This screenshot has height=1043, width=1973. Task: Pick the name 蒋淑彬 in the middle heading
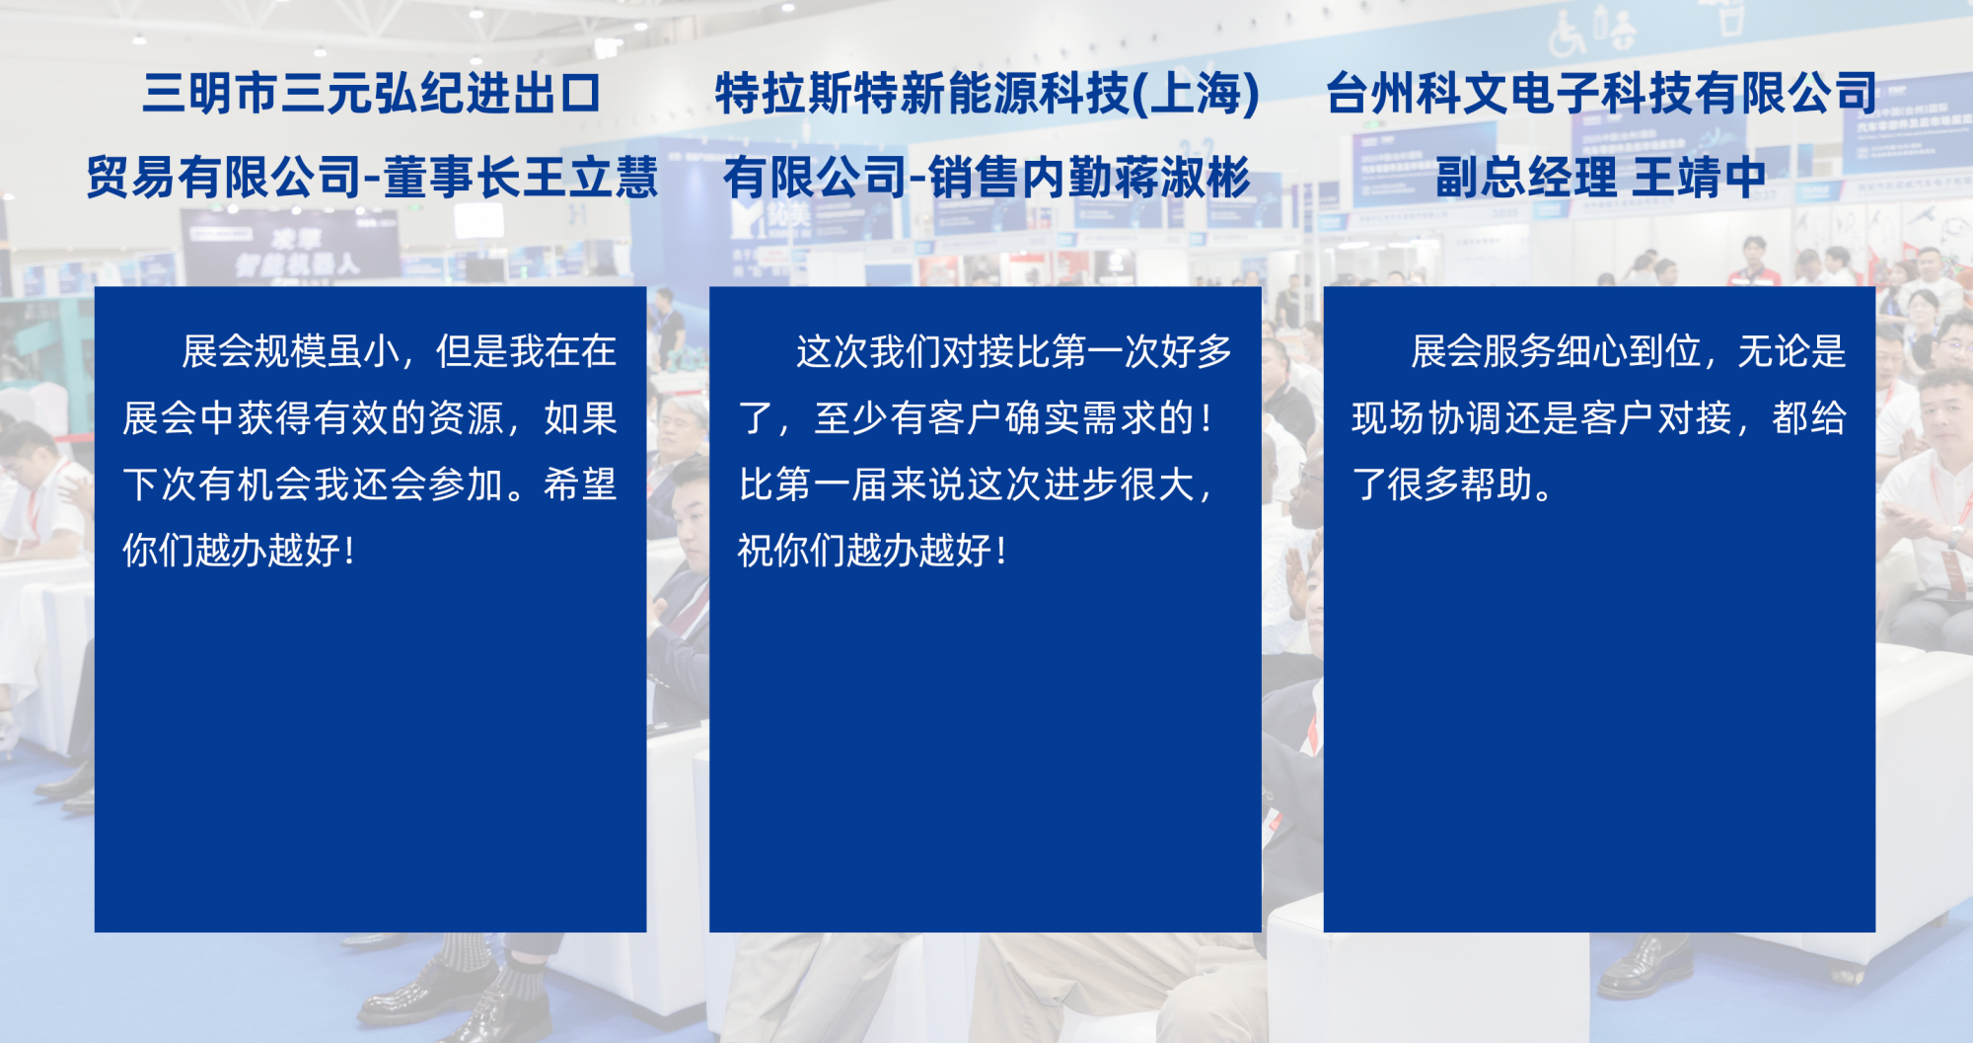[x=1182, y=178]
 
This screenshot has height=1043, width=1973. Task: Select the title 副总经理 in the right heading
[x=1526, y=178]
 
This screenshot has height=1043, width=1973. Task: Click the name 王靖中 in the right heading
[x=1699, y=178]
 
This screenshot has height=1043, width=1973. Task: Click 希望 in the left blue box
[x=580, y=484]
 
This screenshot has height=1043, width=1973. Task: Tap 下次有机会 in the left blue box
[x=217, y=484]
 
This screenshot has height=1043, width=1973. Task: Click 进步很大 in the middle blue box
[x=1122, y=484]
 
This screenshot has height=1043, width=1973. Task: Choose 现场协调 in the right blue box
[x=1425, y=418]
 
